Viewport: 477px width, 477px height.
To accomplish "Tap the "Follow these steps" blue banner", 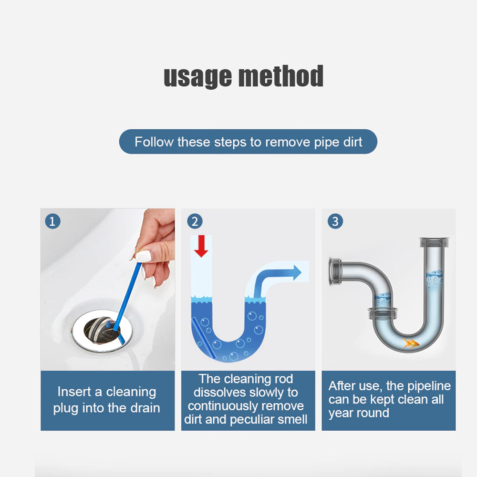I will pos(248,142).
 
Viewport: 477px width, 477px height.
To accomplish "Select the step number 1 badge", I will pos(52,221).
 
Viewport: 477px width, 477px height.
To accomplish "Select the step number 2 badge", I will pos(194,221).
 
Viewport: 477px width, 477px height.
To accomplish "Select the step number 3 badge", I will pos(335,221).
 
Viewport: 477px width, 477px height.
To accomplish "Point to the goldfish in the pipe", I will pos(410,342).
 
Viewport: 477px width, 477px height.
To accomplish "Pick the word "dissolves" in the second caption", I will pos(219,393).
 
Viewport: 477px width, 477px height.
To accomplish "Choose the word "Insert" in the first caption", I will pos(74,392).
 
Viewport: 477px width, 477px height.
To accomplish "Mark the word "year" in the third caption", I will pos(341,413).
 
